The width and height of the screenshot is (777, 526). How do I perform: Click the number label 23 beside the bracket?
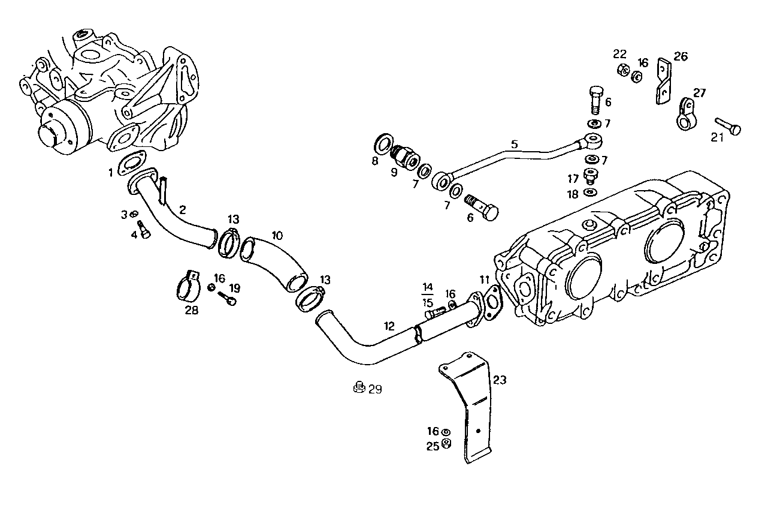(500, 379)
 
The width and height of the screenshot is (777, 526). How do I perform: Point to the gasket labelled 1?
(132, 165)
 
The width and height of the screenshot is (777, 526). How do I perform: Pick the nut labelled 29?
(358, 387)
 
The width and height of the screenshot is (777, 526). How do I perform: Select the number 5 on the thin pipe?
(514, 144)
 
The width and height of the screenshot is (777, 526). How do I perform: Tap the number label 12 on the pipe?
(389, 326)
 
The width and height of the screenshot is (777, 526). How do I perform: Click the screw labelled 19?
(228, 297)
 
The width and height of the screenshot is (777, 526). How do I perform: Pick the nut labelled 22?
(622, 70)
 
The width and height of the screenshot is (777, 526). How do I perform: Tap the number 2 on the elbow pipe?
(182, 209)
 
